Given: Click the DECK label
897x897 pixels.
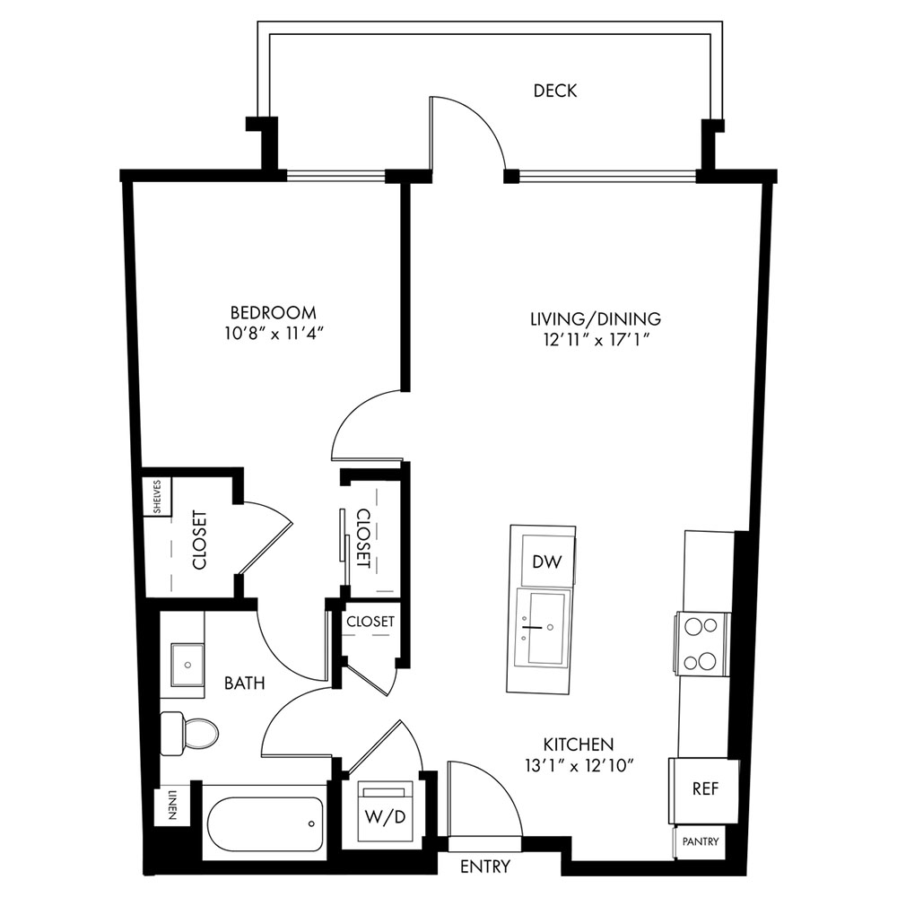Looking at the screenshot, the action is pyautogui.click(x=555, y=91).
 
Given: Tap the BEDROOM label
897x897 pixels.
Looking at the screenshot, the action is pyautogui.click(x=273, y=312).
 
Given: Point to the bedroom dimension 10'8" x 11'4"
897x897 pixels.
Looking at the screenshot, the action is pyautogui.click(x=274, y=334).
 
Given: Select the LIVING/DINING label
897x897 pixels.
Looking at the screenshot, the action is pyautogui.click(x=596, y=318).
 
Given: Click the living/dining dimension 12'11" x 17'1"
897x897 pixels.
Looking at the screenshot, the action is pyautogui.click(x=597, y=340).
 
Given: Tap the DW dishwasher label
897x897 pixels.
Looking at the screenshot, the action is pyautogui.click(x=547, y=562).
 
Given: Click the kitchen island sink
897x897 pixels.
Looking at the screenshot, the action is pyautogui.click(x=543, y=628).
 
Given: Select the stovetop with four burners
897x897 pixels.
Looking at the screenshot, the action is pyautogui.click(x=703, y=643).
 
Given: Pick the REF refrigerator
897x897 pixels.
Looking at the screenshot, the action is pyautogui.click(x=704, y=791).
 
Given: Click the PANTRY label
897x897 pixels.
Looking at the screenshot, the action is pyautogui.click(x=701, y=842).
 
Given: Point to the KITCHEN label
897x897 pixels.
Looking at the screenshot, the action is pyautogui.click(x=579, y=745).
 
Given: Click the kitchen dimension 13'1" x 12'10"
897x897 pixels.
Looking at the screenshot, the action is pyautogui.click(x=579, y=765).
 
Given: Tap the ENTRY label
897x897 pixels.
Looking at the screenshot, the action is pyautogui.click(x=485, y=867).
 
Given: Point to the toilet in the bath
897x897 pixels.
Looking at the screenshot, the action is pyautogui.click(x=188, y=733).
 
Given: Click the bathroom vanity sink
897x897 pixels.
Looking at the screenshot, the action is pyautogui.click(x=187, y=665).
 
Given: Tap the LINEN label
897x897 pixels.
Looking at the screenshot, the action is pyautogui.click(x=172, y=806).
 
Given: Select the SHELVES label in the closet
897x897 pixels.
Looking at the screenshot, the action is pyautogui.click(x=157, y=497).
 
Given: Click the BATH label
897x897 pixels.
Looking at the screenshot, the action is pyautogui.click(x=244, y=683).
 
